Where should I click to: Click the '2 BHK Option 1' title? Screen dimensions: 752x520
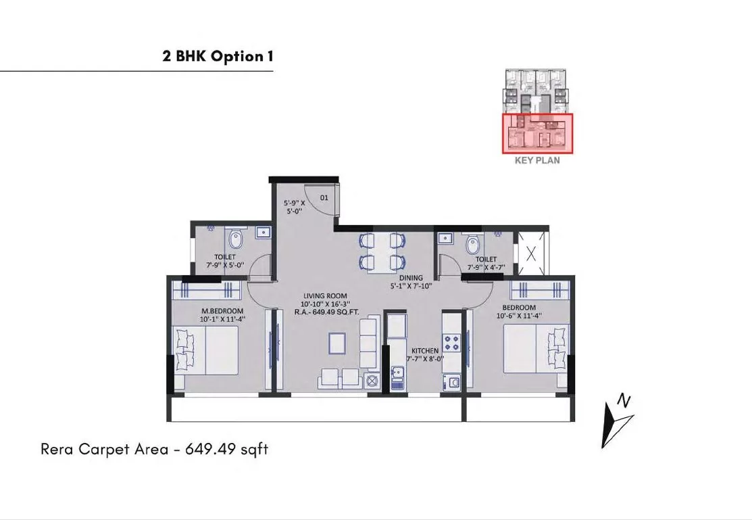(x=218, y=56)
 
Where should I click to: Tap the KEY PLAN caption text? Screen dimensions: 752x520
(x=537, y=160)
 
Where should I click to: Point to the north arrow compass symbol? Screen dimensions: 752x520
(x=618, y=421)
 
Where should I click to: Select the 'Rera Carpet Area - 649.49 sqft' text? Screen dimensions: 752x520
(x=155, y=449)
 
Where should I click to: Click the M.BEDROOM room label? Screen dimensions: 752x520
(x=222, y=311)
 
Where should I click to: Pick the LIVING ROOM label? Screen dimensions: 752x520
(x=325, y=296)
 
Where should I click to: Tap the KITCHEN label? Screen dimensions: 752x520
(x=425, y=351)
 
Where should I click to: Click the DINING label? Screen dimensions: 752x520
(x=411, y=277)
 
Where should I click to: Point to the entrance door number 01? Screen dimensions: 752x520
(x=324, y=197)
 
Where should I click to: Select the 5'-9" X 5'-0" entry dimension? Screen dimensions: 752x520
(x=295, y=207)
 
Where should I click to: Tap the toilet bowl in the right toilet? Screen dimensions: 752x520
(x=472, y=243)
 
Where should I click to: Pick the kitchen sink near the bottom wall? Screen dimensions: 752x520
(x=397, y=377)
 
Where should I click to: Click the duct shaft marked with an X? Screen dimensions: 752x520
(x=530, y=254)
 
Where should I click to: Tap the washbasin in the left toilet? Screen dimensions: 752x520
(x=264, y=233)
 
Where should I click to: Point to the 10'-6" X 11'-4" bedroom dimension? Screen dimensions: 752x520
(x=519, y=316)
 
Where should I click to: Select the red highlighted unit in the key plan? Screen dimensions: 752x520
(x=538, y=133)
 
